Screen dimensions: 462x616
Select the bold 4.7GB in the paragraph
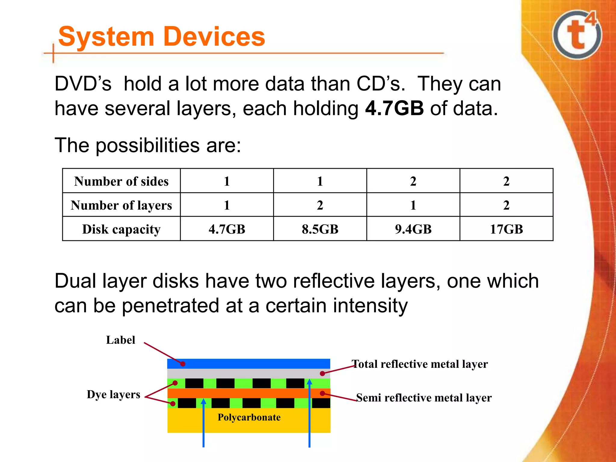[x=394, y=109]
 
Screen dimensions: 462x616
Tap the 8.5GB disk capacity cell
[x=320, y=229]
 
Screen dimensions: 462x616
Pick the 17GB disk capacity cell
[x=506, y=229]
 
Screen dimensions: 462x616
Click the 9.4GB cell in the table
[x=413, y=229]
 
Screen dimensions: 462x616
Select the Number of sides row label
[x=121, y=181]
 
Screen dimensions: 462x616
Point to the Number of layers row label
[x=121, y=205]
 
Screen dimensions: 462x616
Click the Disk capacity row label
[x=121, y=229]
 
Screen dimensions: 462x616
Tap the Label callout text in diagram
[x=121, y=340]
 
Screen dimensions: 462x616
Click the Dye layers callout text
[x=113, y=394]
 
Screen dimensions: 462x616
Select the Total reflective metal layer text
[x=420, y=364]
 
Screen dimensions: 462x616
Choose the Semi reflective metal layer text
[x=424, y=398]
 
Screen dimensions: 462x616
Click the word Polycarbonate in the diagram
[x=249, y=417]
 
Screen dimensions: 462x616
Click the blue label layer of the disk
[x=248, y=364]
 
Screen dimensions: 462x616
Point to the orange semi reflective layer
[x=248, y=393]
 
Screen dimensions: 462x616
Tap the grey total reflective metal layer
[x=248, y=374]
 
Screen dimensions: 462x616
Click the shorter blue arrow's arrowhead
[x=204, y=402]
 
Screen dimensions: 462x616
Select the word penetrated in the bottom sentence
[x=171, y=306]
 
